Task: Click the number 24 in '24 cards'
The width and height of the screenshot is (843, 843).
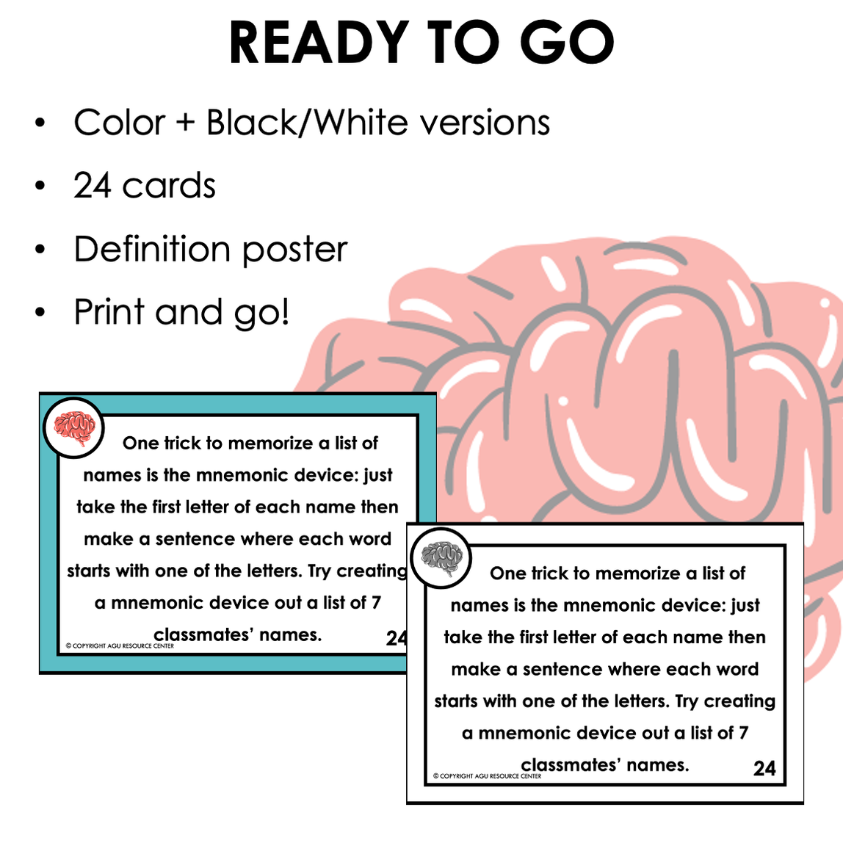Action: pyautogui.click(x=93, y=186)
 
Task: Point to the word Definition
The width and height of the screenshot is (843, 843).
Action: pyautogui.click(x=153, y=249)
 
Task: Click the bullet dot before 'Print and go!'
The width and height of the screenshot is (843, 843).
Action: pyautogui.click(x=40, y=313)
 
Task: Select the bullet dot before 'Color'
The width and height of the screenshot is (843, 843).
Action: pyautogui.click(x=40, y=123)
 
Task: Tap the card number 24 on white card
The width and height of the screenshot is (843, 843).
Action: pyautogui.click(x=764, y=768)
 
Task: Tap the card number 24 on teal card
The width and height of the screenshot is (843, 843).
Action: pyautogui.click(x=396, y=638)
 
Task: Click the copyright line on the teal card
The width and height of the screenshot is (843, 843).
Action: pyautogui.click(x=120, y=646)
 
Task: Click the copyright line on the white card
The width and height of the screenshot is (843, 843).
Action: pyautogui.click(x=487, y=776)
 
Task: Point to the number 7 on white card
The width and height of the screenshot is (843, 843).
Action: pyautogui.click(x=743, y=733)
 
